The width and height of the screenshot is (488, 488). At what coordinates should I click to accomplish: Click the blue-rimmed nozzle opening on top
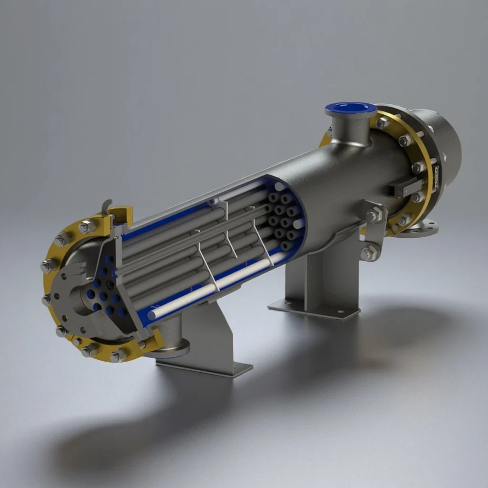(x=351, y=108)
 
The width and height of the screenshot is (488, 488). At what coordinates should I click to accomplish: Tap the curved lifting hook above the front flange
(x=108, y=206)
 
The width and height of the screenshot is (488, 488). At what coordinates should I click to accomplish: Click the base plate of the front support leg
(x=205, y=367)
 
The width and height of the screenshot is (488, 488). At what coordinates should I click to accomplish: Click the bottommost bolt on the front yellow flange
(x=117, y=355)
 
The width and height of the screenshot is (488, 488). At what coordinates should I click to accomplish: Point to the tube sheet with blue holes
(x=107, y=293)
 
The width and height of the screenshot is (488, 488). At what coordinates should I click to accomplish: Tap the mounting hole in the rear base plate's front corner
(x=342, y=314)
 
